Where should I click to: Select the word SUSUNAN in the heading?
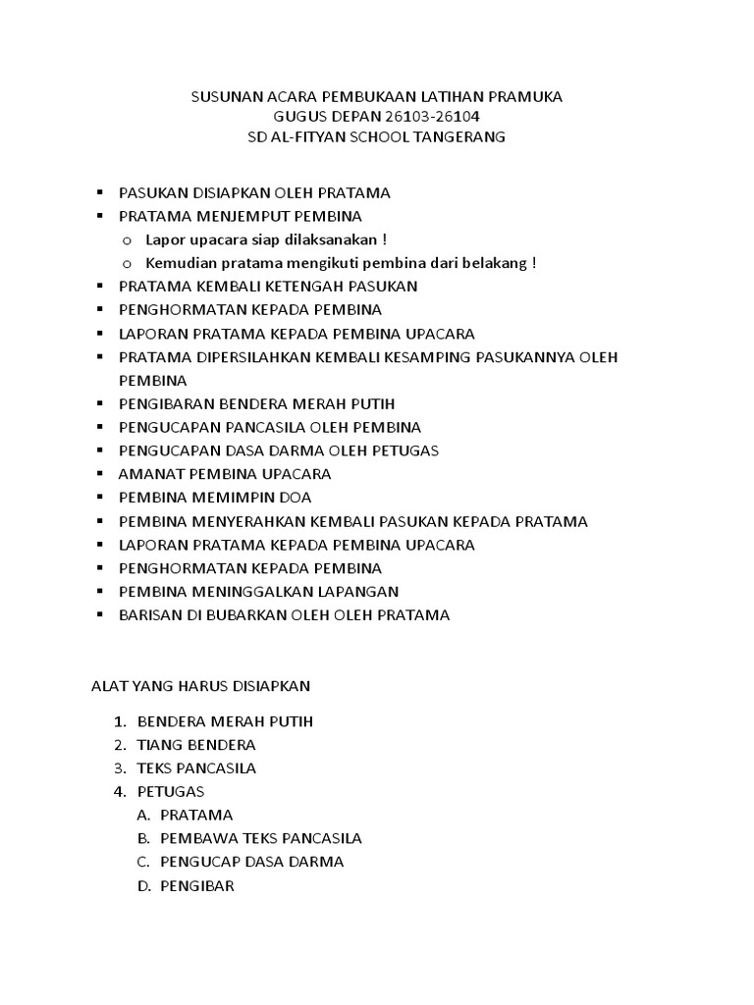(220, 97)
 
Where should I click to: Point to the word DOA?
(296, 498)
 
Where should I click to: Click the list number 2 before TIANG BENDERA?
(119, 745)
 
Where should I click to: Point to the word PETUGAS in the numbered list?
(171, 792)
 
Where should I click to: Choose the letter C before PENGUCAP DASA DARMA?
(142, 863)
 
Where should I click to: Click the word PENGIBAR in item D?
(197, 886)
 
